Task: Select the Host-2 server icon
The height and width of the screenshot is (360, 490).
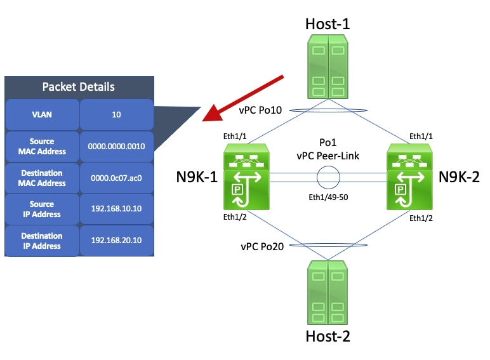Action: pos(328,294)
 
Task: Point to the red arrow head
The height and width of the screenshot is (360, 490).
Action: pos(209,117)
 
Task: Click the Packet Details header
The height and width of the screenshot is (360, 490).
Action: pos(79,87)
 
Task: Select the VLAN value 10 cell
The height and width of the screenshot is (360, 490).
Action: pos(117,115)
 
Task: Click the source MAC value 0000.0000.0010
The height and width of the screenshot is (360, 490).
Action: pos(117,146)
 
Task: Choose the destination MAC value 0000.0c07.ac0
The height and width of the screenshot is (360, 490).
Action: pos(117,178)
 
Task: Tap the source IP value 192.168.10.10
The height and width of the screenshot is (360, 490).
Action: pos(117,209)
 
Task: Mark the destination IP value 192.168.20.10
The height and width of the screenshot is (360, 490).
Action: pos(117,241)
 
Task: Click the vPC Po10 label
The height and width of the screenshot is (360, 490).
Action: pos(260,110)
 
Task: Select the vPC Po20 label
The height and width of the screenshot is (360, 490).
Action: pos(261,246)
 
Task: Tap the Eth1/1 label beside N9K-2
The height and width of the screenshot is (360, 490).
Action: pos(423,136)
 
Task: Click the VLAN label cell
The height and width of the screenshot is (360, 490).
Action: pos(42,115)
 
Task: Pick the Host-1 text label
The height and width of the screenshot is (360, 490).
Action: pos(328,24)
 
